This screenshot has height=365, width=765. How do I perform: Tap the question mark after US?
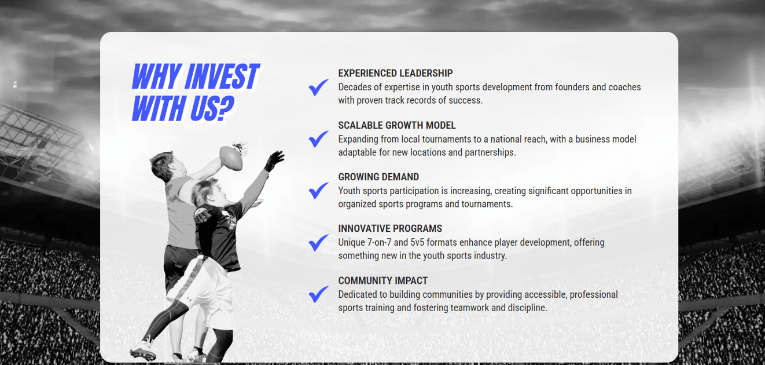click(225, 108)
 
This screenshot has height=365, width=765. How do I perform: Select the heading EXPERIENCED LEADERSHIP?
click(395, 73)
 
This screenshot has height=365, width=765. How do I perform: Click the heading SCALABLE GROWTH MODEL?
click(397, 125)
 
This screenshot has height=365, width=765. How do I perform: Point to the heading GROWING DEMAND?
click(378, 177)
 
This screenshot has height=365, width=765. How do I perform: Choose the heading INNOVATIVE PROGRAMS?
click(390, 228)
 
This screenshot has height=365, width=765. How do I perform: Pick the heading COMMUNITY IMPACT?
click(383, 280)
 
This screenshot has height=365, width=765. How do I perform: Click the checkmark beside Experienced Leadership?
click(318, 87)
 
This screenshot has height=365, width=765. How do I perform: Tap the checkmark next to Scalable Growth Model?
click(318, 139)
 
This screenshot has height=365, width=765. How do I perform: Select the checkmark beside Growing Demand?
click(318, 191)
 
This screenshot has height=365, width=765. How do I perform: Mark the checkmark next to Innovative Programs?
click(318, 243)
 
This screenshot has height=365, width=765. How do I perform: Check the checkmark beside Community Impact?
click(318, 294)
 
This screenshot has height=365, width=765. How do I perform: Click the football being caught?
click(231, 158)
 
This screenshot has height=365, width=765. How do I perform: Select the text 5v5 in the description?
click(417, 243)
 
